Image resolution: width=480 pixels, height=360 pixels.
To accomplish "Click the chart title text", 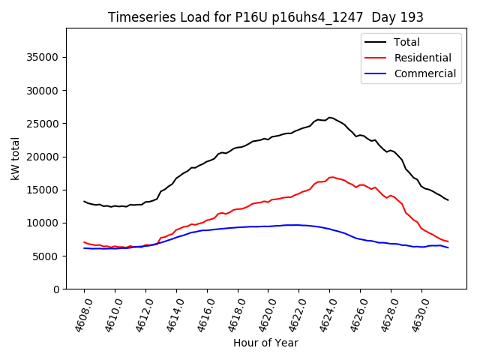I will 265,17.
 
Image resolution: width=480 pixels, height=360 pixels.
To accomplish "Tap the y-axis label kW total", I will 15,158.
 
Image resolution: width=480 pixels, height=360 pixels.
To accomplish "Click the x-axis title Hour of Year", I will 265,343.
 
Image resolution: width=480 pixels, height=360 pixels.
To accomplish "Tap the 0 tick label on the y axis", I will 56,289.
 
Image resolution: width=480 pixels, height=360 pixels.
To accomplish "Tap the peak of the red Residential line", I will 331,177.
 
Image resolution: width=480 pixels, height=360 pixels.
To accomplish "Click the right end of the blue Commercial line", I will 448,247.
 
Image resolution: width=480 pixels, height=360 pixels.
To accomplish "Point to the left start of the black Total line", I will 84,201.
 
